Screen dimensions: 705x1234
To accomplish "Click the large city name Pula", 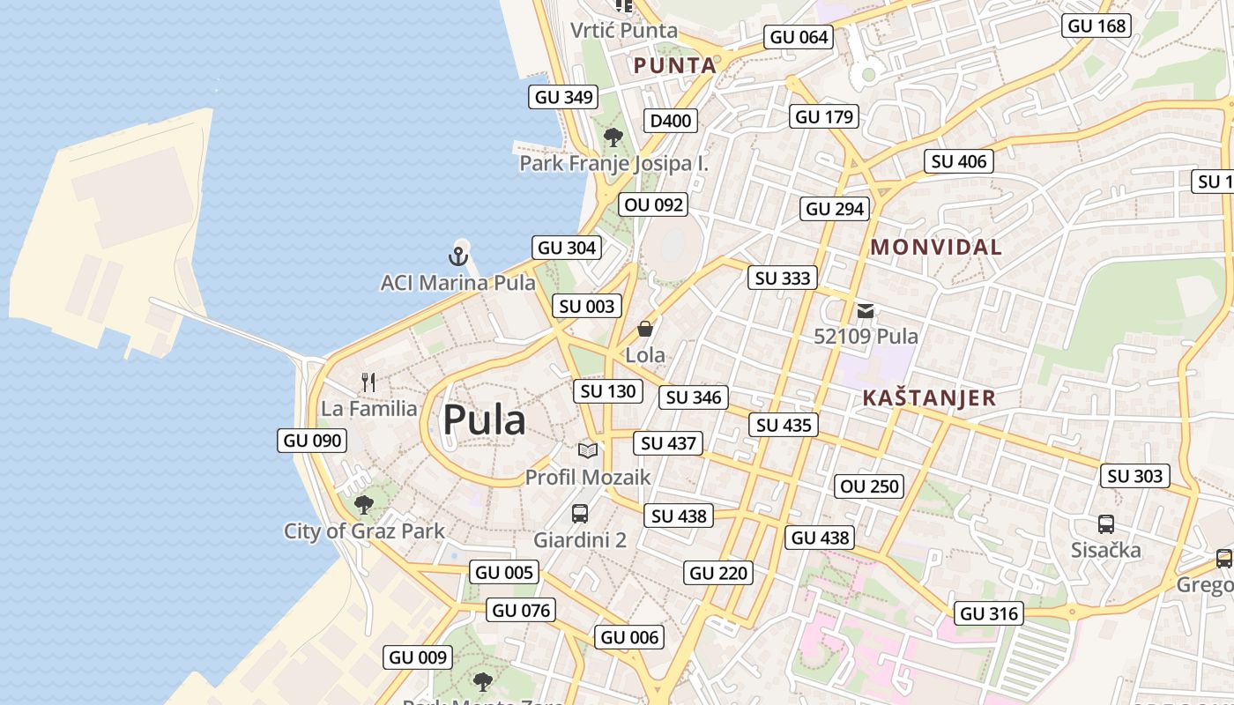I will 484,420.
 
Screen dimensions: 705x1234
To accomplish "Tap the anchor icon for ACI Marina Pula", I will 457,256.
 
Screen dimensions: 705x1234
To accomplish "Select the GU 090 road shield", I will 312,441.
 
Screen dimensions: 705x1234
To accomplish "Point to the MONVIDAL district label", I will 936,248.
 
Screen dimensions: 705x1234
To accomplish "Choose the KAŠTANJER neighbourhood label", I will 929,397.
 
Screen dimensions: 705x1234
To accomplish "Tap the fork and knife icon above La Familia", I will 369,382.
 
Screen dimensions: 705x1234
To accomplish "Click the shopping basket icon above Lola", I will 645,329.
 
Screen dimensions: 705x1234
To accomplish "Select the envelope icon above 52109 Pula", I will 866,310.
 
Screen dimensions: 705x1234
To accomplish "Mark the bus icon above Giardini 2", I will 580,513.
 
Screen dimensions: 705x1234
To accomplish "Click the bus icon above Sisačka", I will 1106,523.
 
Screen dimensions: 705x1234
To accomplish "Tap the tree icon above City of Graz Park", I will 363,505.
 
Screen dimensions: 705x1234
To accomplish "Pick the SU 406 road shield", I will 959,161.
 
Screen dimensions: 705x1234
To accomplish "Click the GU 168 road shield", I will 1096,26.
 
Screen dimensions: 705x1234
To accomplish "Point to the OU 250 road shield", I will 870,486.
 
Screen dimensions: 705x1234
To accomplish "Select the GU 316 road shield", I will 989,613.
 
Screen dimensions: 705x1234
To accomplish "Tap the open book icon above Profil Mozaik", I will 588,450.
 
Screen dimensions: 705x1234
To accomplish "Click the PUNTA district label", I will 675,65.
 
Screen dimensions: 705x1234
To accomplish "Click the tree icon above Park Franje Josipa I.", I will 613,137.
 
